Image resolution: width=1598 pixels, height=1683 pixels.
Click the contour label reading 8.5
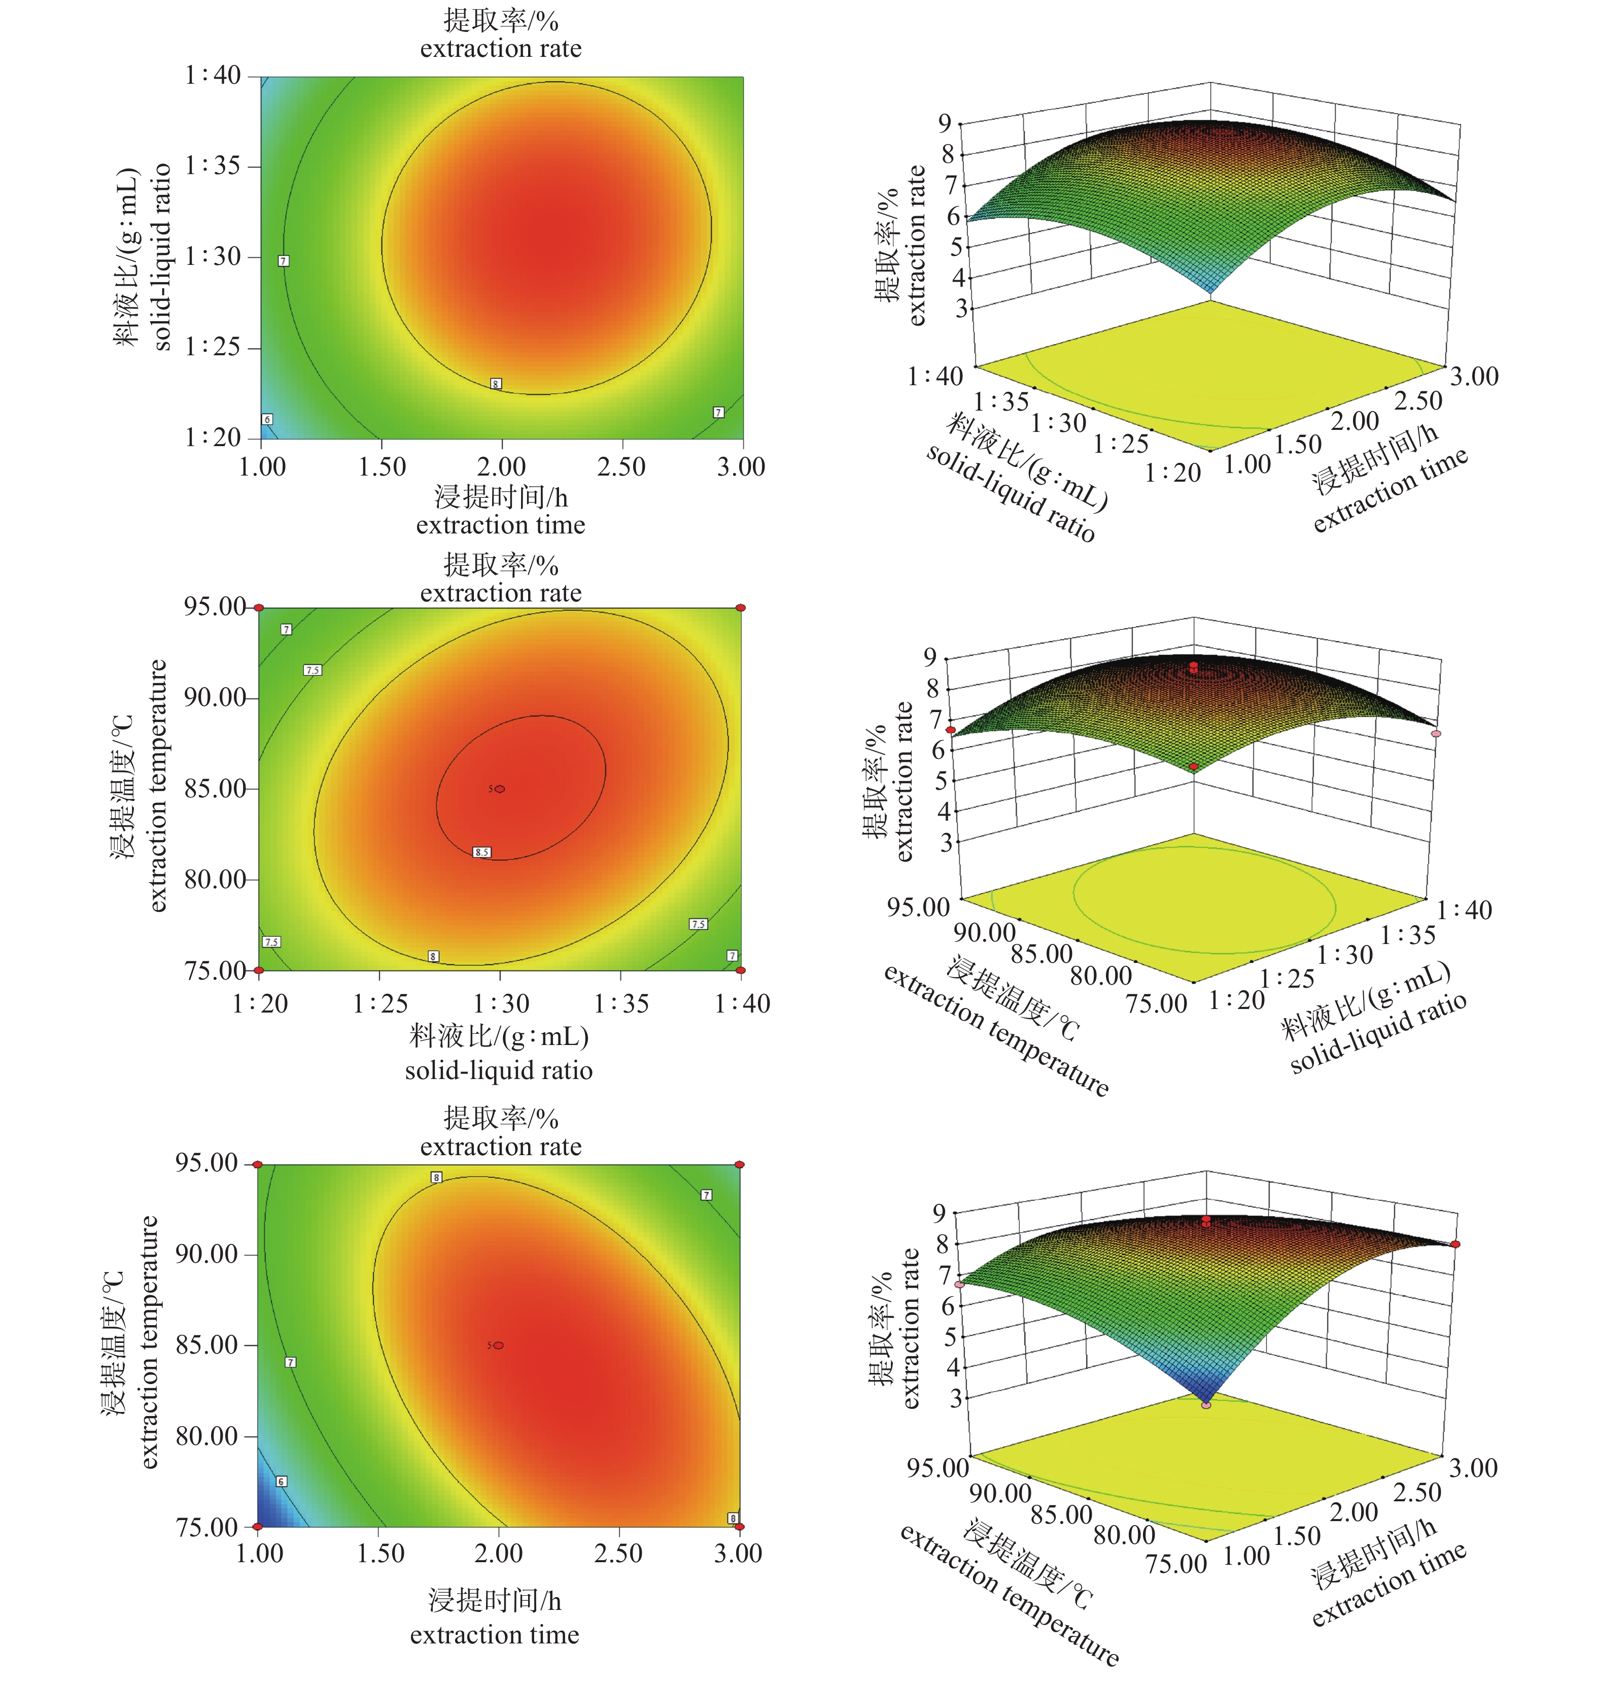pyautogui.click(x=482, y=852)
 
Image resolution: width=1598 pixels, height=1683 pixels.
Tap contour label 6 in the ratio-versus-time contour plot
pyautogui.click(x=267, y=419)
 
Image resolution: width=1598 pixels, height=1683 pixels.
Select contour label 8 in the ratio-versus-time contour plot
pyautogui.click(x=496, y=384)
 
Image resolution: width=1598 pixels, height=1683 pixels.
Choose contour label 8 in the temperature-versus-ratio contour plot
pyautogui.click(x=434, y=956)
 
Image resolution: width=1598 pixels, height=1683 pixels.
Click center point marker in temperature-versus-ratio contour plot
pyautogui.click(x=500, y=789)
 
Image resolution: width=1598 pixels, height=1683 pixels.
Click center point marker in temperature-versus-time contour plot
pyautogui.click(x=498, y=1345)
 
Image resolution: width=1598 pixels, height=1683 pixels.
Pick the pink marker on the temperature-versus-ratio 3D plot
pyautogui.click(x=1436, y=733)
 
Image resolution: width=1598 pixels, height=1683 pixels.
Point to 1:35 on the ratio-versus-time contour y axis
pyautogui.click(x=213, y=165)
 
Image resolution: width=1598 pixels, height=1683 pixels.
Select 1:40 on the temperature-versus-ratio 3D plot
pyautogui.click(x=1464, y=910)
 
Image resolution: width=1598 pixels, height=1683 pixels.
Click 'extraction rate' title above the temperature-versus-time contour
pyautogui.click(x=500, y=1147)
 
